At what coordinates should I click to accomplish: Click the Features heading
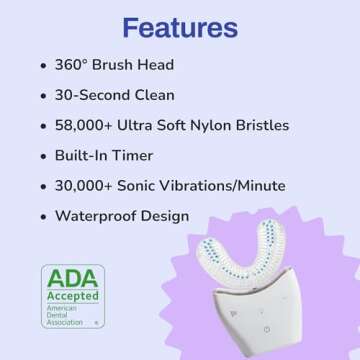click(x=180, y=26)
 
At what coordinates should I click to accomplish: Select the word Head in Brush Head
click(x=154, y=65)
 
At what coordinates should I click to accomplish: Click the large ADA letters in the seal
click(x=72, y=278)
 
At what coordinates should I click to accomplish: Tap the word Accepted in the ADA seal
click(x=72, y=296)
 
